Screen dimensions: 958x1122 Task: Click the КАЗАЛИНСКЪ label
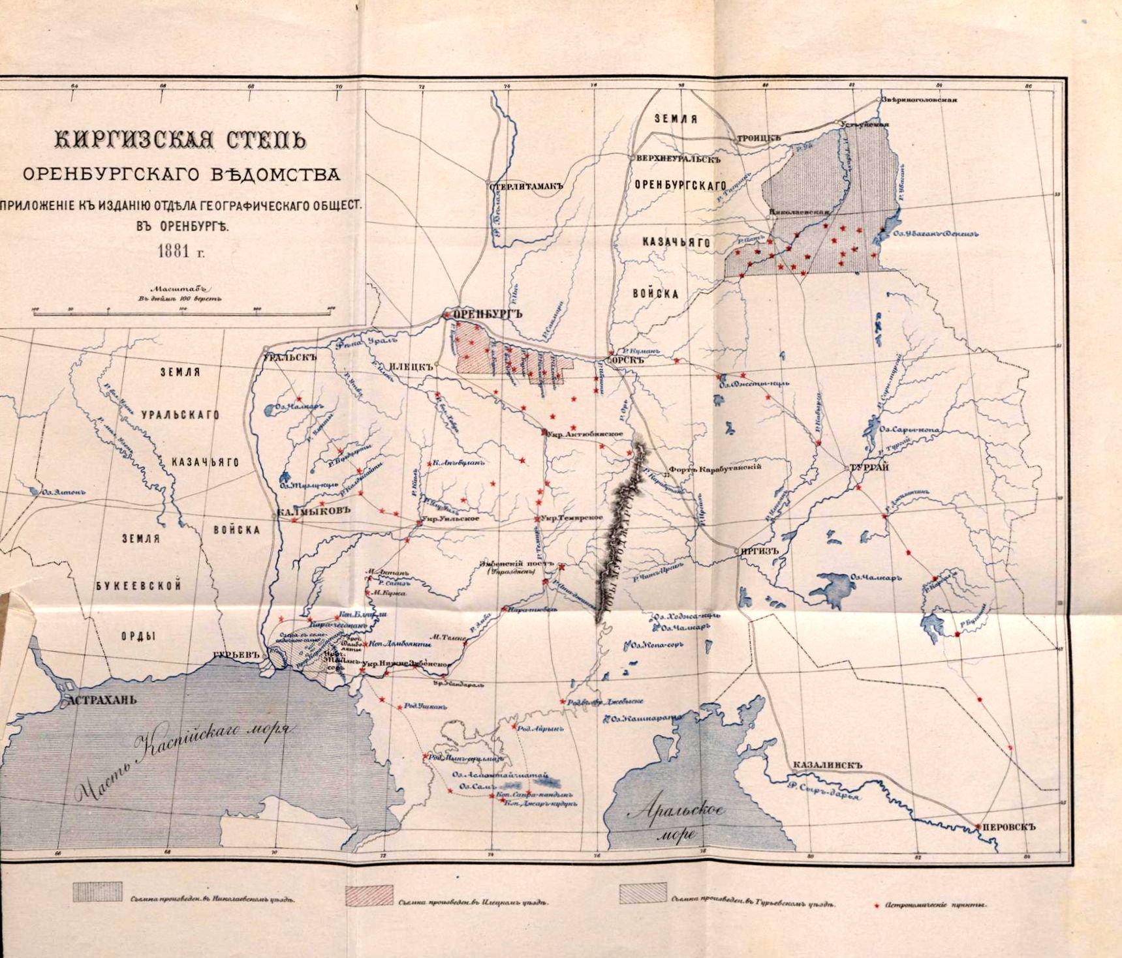pos(828,766)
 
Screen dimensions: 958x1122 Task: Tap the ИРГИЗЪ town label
pos(760,550)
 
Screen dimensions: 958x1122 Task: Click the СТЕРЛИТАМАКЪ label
pos(525,186)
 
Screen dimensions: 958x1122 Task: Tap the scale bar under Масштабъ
pos(184,314)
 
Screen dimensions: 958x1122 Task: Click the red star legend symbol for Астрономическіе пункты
pos(877,906)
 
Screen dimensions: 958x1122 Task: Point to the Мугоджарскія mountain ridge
pos(620,528)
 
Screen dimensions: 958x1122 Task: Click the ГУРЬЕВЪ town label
pos(232,655)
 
